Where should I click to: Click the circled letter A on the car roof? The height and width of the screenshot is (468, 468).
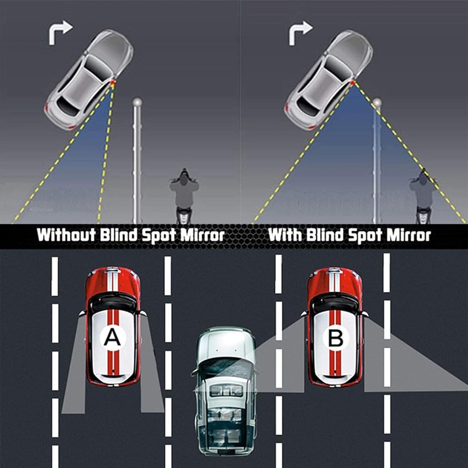click(112, 337)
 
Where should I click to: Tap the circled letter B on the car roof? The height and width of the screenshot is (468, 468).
click(335, 338)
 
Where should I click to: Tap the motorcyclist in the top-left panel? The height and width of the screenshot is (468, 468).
click(184, 196)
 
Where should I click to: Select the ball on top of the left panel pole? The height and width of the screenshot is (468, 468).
click(137, 102)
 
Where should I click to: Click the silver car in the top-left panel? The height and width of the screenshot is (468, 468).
click(89, 80)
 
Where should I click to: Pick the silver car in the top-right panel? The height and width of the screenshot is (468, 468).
click(329, 80)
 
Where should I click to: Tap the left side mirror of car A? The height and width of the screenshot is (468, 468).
click(82, 313)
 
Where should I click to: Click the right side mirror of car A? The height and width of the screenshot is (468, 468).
click(143, 313)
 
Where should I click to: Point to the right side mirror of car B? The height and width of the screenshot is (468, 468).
click(365, 314)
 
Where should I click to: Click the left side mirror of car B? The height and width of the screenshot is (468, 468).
click(304, 314)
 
